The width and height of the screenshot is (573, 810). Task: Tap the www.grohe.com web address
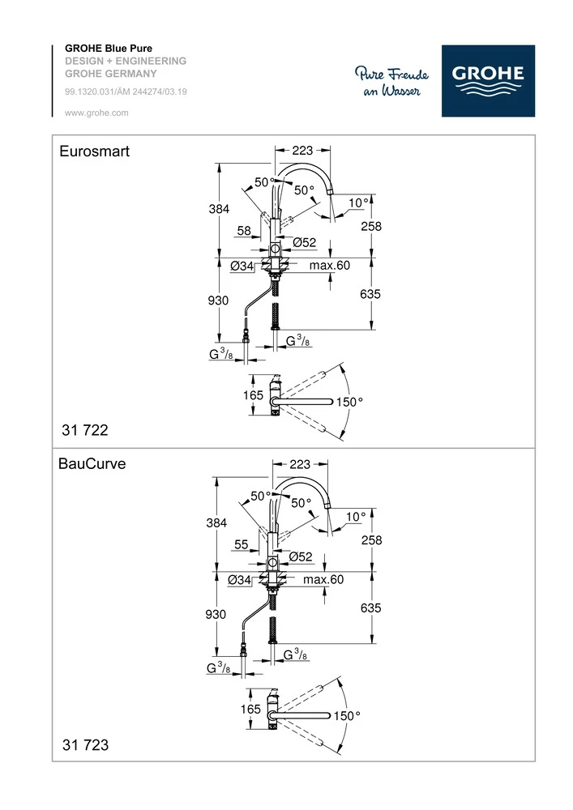pos(96,113)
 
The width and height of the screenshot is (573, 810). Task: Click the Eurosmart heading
pos(95,151)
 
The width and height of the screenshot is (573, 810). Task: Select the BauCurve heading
pos(92,465)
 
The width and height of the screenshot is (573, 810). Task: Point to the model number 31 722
pos(85,429)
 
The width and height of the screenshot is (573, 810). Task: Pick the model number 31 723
pos(85,744)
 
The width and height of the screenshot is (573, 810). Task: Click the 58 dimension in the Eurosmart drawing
pos(244,231)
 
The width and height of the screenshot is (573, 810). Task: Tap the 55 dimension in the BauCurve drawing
pos(242,545)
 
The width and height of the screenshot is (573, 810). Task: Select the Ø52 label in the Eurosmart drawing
pos(303,242)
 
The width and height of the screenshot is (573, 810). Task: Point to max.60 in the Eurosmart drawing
pos(328,266)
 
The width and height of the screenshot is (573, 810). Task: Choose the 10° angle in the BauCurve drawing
pos(356,516)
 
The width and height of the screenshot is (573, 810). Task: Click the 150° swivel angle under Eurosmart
pos(349,401)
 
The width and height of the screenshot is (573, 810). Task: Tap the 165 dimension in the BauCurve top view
pos(251,709)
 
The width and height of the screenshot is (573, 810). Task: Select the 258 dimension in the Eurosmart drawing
pos(370,227)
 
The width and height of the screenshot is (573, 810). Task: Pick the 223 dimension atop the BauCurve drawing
pos(300,464)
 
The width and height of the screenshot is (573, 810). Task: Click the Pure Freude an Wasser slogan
pos(391,83)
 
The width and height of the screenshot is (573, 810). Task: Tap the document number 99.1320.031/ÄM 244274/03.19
pos(126,92)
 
